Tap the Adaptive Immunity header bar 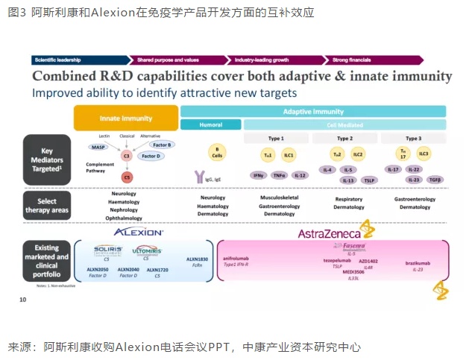[313, 111]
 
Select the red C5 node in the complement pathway [127, 177]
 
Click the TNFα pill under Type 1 [279, 175]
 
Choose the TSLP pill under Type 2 [369, 180]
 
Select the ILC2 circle [357, 154]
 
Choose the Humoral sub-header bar [211, 124]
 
